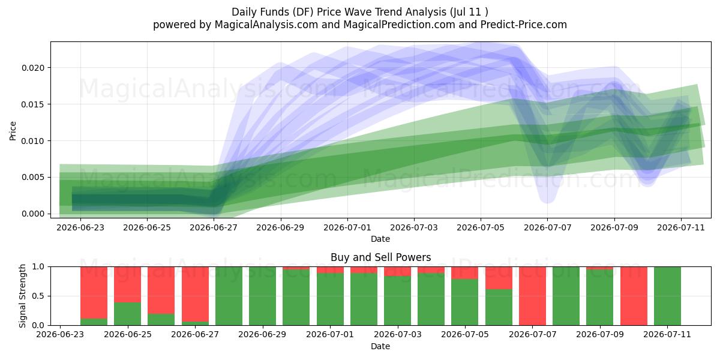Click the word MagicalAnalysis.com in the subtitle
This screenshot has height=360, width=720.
(x=266, y=25)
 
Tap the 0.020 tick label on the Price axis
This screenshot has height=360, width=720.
(x=33, y=68)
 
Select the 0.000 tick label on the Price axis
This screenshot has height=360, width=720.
(x=33, y=214)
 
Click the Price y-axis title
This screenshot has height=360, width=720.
(x=13, y=131)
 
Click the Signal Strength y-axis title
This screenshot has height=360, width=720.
(x=22, y=296)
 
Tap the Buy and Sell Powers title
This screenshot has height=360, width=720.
(x=380, y=257)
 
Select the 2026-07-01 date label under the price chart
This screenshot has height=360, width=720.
(x=347, y=227)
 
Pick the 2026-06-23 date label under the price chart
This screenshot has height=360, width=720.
(x=80, y=227)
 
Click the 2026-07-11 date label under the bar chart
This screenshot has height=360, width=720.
(x=667, y=335)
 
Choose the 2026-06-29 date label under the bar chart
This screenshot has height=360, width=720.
(x=262, y=335)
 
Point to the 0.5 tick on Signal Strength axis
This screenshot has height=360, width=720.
(x=38, y=296)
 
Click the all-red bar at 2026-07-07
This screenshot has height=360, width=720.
(x=532, y=296)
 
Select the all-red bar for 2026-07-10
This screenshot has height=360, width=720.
(x=634, y=296)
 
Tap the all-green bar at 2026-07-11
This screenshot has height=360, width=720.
(x=667, y=296)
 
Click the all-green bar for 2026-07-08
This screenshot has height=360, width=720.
(x=566, y=296)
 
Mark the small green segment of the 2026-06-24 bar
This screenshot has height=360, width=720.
(x=94, y=322)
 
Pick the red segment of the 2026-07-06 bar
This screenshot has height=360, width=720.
(x=499, y=278)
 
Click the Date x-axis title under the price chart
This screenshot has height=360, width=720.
(x=380, y=239)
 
